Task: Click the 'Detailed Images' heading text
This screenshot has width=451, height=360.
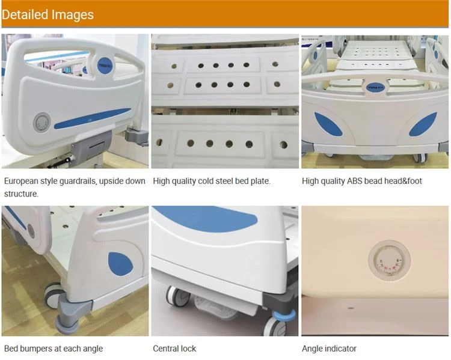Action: click(48, 14)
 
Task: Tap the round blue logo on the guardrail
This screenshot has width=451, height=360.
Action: click(105, 66)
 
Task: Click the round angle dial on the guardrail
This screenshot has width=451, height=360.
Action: click(42, 123)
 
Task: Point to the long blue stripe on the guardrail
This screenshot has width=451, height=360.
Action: click(93, 118)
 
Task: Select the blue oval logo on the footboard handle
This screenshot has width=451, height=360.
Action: click(375, 87)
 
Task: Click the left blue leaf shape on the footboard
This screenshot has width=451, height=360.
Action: click(328, 124)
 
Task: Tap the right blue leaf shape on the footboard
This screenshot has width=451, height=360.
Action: click(423, 124)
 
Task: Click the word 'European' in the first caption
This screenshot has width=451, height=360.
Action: click(21, 181)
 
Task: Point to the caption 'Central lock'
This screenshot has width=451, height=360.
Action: click(174, 349)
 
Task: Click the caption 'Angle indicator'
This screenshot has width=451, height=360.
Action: click(329, 349)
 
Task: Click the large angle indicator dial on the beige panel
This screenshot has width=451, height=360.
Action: click(390, 260)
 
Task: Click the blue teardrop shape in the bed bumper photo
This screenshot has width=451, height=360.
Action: click(120, 264)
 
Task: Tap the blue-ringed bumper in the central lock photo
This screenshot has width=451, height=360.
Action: click(284, 314)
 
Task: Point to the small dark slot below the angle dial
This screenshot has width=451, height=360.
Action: click(351, 308)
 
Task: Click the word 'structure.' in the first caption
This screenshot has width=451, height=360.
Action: click(21, 194)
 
